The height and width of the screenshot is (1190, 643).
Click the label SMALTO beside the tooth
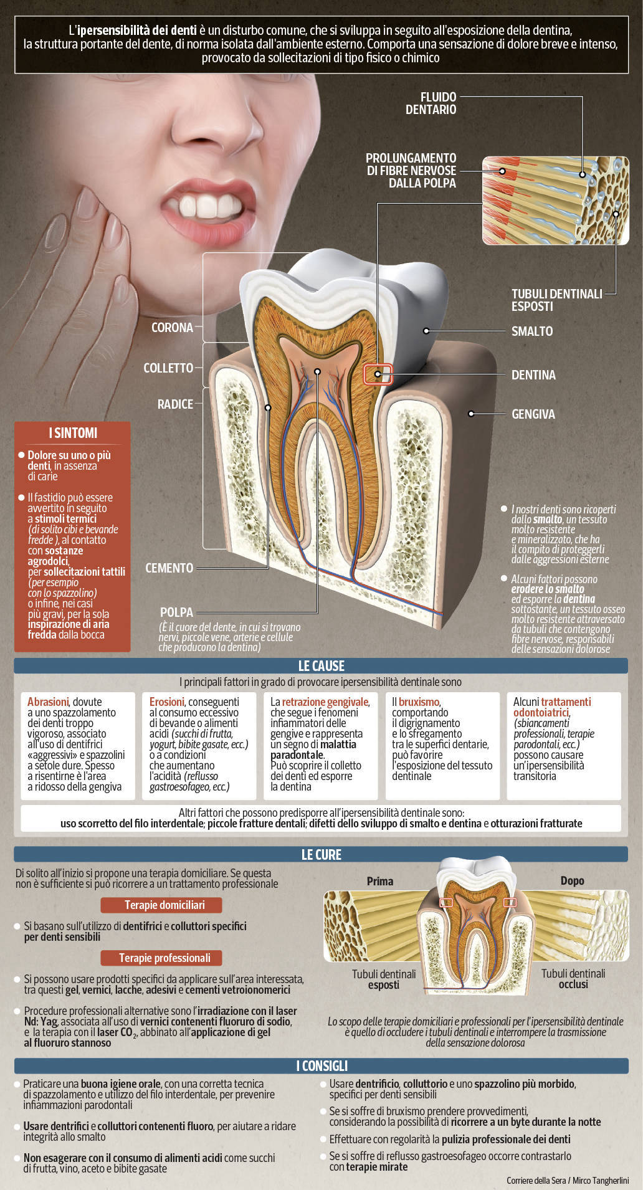click(532, 331)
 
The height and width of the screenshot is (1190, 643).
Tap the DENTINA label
click(533, 375)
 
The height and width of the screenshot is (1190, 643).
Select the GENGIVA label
click(533, 414)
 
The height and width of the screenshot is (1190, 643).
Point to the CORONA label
click(172, 327)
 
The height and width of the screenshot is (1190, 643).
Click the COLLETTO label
click(168, 368)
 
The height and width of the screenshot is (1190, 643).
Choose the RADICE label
click(175, 404)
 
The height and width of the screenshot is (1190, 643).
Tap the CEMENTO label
click(169, 568)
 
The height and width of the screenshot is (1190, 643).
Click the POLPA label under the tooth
click(176, 612)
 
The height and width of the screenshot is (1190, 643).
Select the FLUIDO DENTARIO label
click(431, 103)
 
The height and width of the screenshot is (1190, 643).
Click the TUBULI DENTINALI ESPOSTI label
click(557, 300)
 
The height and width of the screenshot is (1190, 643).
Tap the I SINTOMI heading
click(73, 433)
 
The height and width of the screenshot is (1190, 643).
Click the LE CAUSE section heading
click(321, 665)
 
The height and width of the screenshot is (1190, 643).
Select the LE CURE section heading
click(321, 854)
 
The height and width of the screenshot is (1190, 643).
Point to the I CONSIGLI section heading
click(321, 1065)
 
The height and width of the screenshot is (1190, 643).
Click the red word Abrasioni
click(47, 702)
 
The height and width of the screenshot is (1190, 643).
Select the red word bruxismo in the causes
click(419, 702)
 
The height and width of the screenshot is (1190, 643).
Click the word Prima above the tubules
click(380, 881)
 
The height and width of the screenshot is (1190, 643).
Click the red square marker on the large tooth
click(378, 374)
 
